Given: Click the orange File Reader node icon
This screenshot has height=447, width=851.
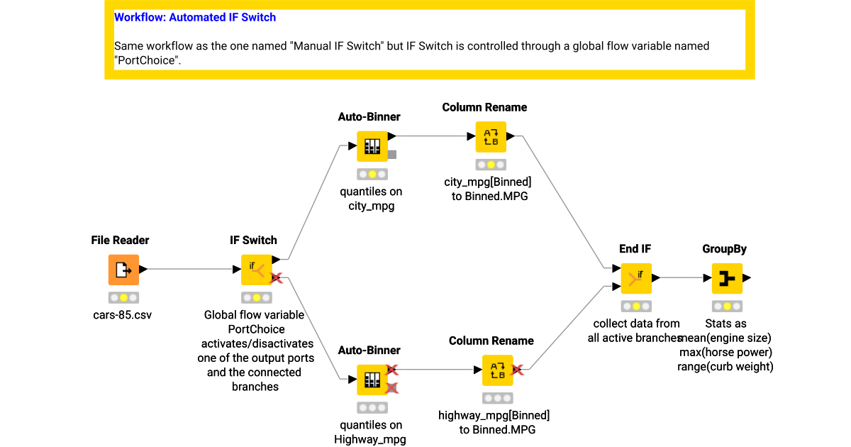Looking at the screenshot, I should coord(123,270).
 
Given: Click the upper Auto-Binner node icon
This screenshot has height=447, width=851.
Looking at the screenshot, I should coord(372,146).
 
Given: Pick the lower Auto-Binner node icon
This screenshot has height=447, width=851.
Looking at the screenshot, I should coord(372,380).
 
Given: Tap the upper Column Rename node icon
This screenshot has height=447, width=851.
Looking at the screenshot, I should coord(491,136).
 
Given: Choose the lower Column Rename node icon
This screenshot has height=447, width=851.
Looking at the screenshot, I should coord(498,370).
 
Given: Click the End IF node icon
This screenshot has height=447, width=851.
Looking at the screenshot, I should coord(636,278).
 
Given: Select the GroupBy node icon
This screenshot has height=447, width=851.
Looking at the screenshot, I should coord(727,278).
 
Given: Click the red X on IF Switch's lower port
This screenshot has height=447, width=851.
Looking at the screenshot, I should coord(277,278).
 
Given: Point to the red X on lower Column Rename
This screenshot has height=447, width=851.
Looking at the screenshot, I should coord(518,370).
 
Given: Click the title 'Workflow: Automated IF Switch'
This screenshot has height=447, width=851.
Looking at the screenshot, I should coord(195,17).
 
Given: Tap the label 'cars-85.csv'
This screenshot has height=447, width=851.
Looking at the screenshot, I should coord(123,314).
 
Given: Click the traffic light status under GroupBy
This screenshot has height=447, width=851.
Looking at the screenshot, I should coord(727,307).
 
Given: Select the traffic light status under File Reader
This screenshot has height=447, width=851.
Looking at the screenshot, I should coord(123,298).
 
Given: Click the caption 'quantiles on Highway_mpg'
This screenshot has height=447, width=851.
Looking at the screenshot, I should coord(369,432).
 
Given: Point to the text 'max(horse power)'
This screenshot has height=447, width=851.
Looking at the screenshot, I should coord(725,352).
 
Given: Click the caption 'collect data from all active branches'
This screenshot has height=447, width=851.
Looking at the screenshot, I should coord(635,331).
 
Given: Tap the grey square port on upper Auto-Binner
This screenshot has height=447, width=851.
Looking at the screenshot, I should coord(392,154).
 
